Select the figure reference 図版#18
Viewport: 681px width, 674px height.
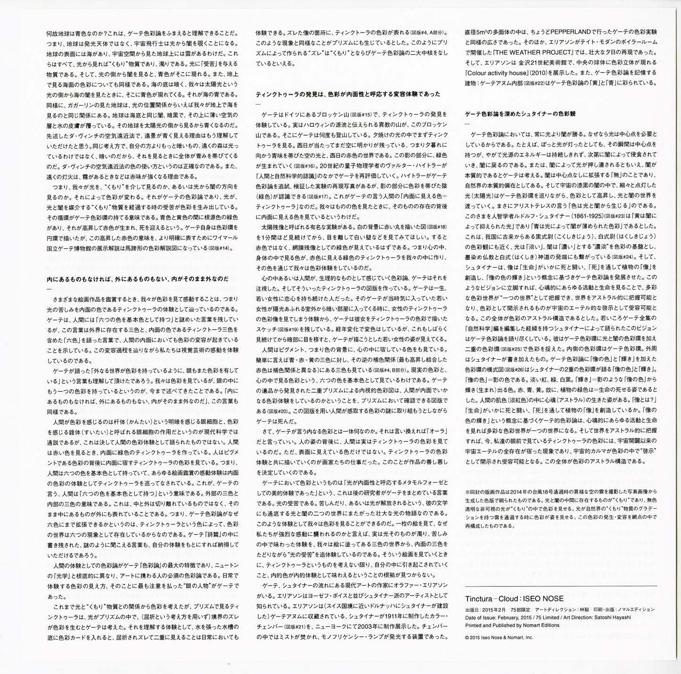[x=436, y=226]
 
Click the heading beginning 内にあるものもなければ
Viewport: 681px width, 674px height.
[x=138, y=279]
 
